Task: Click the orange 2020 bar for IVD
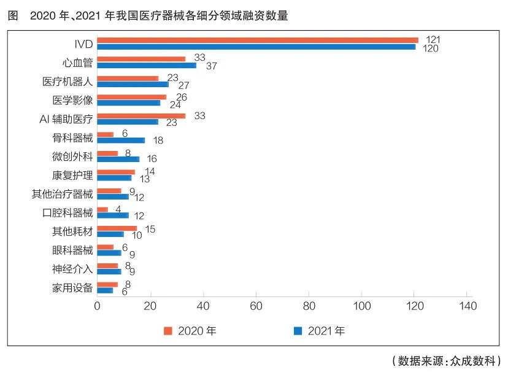258,41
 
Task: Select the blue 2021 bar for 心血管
147,65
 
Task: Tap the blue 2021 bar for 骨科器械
121,140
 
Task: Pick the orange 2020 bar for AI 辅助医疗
141,115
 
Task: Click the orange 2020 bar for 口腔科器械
102,210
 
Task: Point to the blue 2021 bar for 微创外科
118,159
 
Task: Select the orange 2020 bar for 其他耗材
117,228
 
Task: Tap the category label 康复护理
72,175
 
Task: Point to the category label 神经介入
72,268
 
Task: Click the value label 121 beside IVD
433,40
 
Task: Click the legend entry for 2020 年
190,331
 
